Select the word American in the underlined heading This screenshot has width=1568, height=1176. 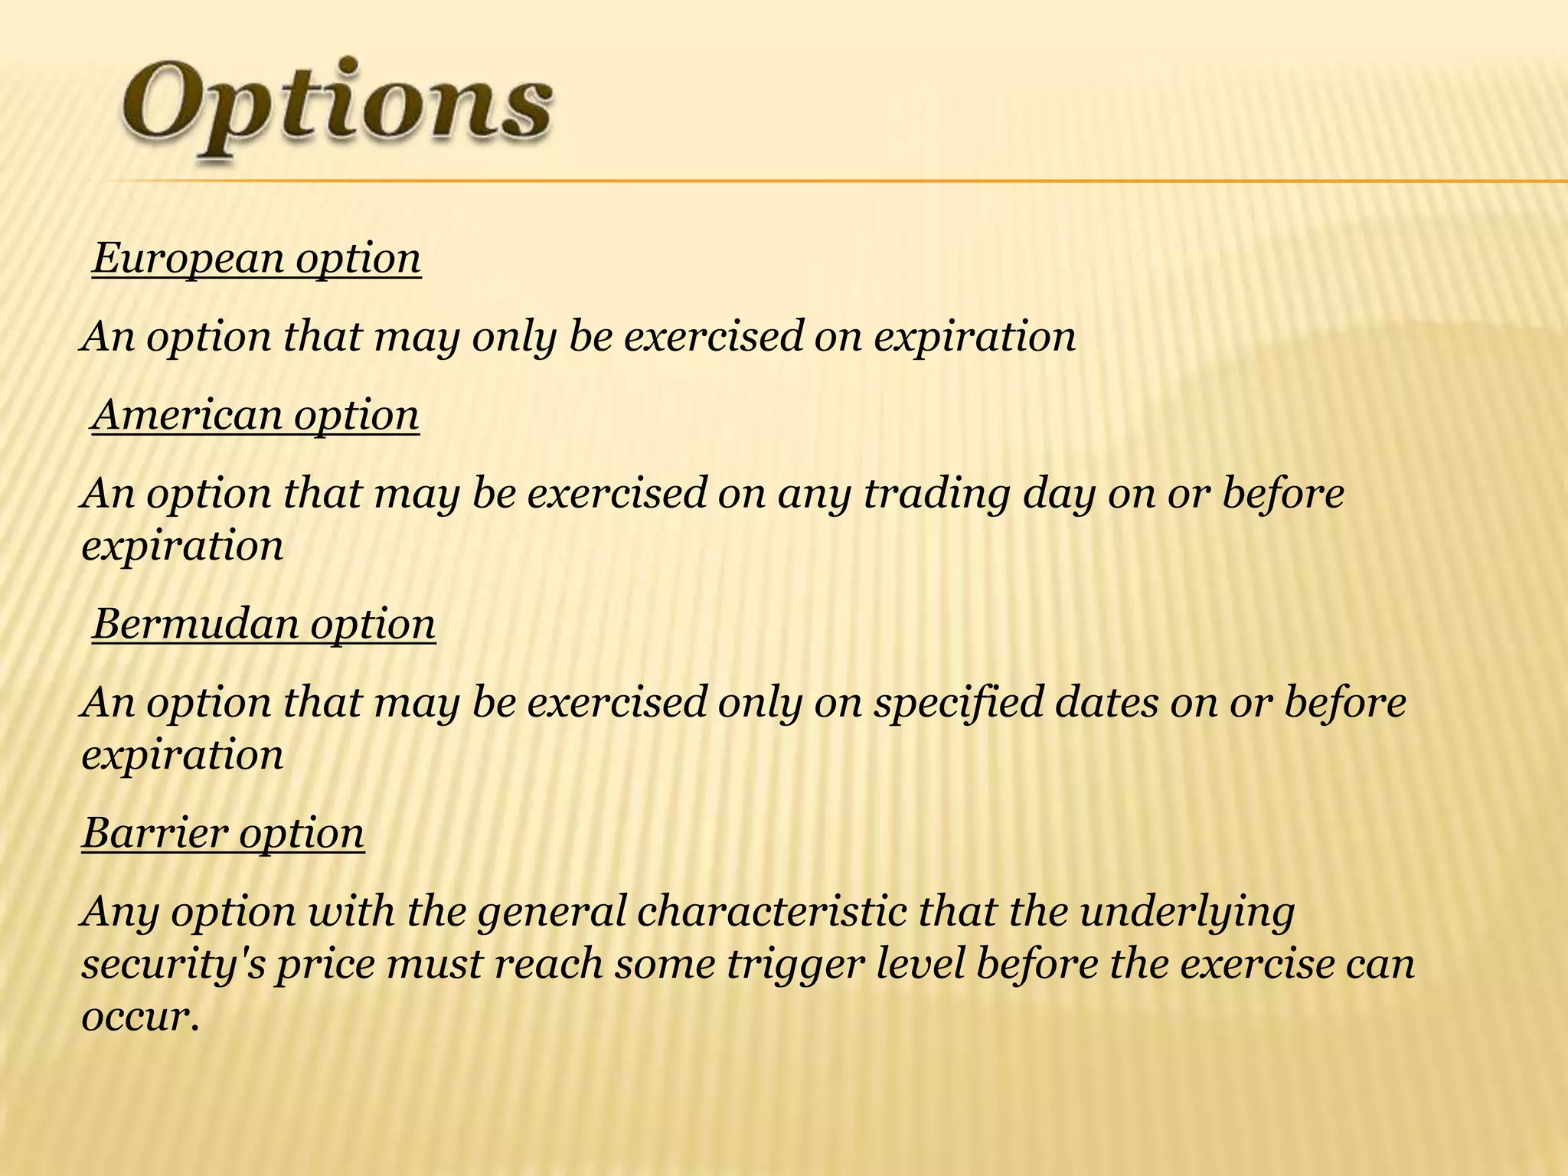pos(187,416)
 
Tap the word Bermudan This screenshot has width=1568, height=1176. pos(195,624)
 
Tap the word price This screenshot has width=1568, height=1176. pos(325,965)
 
